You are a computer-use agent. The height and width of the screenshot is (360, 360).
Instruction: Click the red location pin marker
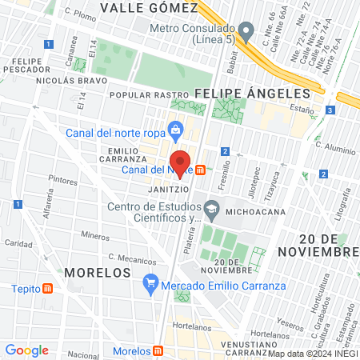tap(180, 164)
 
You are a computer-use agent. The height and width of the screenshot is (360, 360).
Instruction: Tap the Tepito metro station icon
tap(49, 289)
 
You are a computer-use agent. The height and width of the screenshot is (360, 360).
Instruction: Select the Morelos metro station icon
tap(159, 351)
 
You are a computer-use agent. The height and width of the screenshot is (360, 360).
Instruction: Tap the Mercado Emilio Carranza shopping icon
tap(150, 282)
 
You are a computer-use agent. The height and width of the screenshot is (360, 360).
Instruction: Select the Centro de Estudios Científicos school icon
tap(211, 210)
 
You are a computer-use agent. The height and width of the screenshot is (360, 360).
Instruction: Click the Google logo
tap(26, 350)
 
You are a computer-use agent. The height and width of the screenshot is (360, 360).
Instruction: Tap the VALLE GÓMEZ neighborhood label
tap(149, 8)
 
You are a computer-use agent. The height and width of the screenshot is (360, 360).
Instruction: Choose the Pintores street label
tap(62, 180)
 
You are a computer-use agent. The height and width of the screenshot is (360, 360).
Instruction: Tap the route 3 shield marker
tap(330, 110)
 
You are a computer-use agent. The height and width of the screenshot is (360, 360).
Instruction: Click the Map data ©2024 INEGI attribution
tap(313, 354)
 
